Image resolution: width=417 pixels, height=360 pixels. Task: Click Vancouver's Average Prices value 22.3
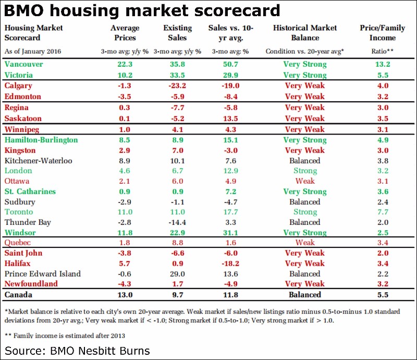[x=125, y=64]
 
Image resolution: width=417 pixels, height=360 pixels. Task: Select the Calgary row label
[x=18, y=86]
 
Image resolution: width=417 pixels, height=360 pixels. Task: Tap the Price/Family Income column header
[x=382, y=33]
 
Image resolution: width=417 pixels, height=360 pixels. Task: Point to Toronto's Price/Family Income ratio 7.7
[x=383, y=212]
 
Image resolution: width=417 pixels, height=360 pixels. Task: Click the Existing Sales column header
[x=177, y=33]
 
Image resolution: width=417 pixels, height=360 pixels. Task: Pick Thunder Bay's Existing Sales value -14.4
[x=177, y=222]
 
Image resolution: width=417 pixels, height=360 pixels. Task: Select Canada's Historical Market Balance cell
[x=305, y=295]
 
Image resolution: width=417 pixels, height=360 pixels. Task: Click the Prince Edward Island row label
[x=43, y=274]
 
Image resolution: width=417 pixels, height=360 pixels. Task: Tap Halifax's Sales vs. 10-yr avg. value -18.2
[x=230, y=263]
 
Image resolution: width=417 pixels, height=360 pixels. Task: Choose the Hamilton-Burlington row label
[x=41, y=140]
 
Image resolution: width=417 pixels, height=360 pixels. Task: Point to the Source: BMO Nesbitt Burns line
[x=77, y=351]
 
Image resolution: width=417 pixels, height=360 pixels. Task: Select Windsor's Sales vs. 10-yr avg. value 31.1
[x=230, y=233]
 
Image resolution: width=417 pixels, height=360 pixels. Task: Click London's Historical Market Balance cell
[x=305, y=171]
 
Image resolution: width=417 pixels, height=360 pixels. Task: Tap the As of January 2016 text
[x=33, y=51]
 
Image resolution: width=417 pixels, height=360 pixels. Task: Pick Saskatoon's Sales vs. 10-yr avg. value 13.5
[x=230, y=118]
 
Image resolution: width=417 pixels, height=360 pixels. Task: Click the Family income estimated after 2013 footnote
[x=65, y=335]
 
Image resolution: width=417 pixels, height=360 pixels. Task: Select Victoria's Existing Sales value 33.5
[x=177, y=75]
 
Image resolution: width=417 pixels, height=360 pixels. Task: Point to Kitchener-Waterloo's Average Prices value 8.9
[x=125, y=161]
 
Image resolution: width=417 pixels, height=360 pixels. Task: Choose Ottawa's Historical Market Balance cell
[x=305, y=181]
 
